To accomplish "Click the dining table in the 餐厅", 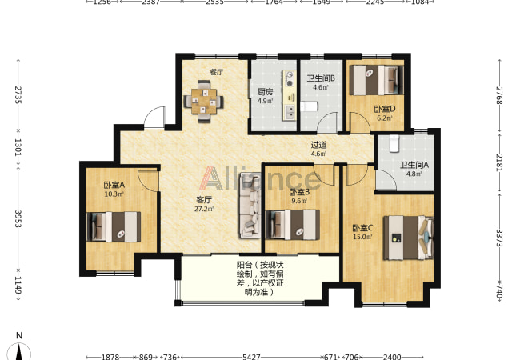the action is click(203, 101).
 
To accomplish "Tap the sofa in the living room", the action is click(250, 206).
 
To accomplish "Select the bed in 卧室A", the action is click(114, 226).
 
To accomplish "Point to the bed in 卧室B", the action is click(293, 225).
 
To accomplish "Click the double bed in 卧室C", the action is click(409, 238).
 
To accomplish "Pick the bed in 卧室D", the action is click(377, 80).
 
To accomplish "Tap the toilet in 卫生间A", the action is click(394, 143).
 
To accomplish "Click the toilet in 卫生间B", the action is click(309, 106).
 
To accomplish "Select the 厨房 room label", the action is click(266, 92).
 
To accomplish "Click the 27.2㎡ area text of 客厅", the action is click(204, 209).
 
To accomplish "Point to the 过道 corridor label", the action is click(318, 145).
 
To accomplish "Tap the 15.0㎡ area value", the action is click(362, 237).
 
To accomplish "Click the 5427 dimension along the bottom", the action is click(251, 357).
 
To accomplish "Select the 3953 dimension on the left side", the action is click(18, 218).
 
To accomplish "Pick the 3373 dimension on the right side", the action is click(499, 238).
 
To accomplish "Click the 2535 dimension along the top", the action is click(214, 2).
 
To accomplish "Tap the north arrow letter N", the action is click(19, 335).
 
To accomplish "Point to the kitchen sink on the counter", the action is click(290, 112).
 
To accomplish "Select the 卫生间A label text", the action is click(414, 165).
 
